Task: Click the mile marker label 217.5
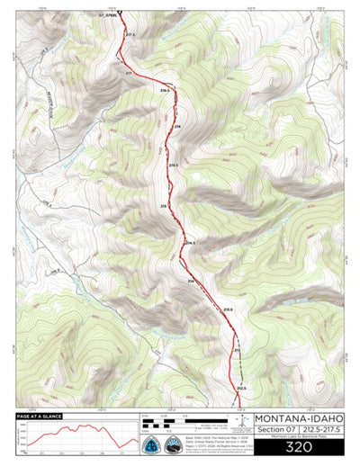(130, 34)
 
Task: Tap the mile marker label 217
(129, 72)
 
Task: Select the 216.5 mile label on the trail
(164, 91)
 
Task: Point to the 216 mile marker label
(177, 127)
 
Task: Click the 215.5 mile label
(173, 165)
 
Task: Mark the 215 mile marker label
(165, 206)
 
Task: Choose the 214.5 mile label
(190, 243)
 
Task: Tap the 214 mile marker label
(190, 282)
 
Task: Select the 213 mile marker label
(238, 349)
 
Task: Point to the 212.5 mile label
(241, 388)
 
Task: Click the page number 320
(298, 447)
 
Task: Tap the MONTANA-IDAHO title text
(298, 418)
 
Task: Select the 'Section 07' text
(276, 430)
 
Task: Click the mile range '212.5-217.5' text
(320, 430)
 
